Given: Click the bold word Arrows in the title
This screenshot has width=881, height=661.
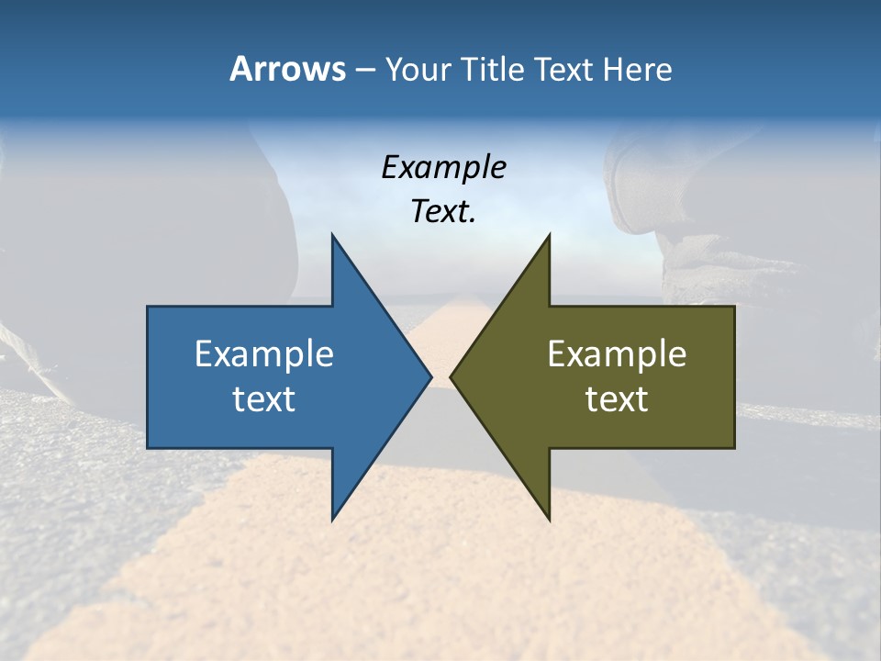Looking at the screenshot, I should tap(287, 69).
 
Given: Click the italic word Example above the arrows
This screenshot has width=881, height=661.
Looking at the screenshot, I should tap(443, 168).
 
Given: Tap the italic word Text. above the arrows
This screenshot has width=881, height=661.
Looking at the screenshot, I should tap(443, 212).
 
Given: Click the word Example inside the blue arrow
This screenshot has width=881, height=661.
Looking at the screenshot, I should tap(264, 353).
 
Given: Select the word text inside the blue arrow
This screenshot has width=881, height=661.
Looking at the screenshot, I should tap(264, 399).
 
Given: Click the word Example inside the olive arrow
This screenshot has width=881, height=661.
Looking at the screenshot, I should tap(617, 353).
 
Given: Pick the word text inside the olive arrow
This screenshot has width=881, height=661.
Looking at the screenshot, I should tap(617, 399).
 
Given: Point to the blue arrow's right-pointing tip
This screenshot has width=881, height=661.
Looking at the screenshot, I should tap(430, 376).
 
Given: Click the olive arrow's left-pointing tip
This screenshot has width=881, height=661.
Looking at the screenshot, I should tap(451, 376).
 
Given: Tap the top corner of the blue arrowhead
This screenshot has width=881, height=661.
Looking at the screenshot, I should tap(332, 235).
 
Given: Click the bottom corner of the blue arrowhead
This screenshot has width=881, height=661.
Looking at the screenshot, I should tap(332, 520).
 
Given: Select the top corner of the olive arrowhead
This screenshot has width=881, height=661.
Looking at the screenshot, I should tap(549, 235).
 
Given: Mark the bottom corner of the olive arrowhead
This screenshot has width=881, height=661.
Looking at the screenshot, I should tap(549, 520).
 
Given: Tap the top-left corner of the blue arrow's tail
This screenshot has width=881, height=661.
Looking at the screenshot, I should tap(148, 307).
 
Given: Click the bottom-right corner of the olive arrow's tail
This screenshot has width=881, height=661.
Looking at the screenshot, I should tap(734, 448).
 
